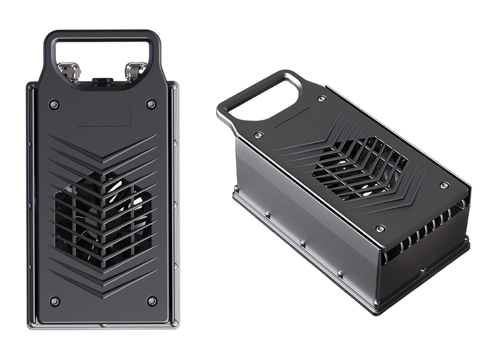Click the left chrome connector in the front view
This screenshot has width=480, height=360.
coord(71,71)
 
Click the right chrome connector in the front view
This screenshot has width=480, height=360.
coord(133,71)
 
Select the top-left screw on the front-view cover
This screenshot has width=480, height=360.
coord(54,104)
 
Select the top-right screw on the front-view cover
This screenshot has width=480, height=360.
coord(151,104)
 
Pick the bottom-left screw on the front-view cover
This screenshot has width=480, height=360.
coord(55,301)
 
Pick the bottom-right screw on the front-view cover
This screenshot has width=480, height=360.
coord(152,301)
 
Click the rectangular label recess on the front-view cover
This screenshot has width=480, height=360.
coord(103,117)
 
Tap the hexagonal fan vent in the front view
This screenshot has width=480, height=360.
coord(102,219)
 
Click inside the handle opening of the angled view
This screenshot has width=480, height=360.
coord(264,96)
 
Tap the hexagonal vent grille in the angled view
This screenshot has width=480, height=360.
coord(360,168)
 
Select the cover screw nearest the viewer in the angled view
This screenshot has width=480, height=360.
coord(380,229)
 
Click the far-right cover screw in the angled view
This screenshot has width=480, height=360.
coord(444,185)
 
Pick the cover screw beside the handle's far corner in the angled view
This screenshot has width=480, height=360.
coord(322,98)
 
